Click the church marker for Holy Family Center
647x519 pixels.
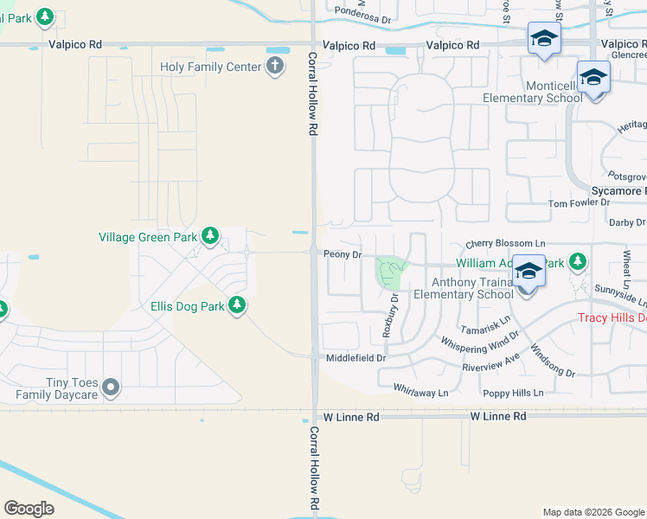(275, 66)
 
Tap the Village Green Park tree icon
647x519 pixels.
(209, 235)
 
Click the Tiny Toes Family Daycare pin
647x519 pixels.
(111, 388)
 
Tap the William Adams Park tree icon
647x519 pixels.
(577, 261)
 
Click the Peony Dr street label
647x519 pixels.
(342, 254)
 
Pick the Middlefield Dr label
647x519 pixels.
(356, 357)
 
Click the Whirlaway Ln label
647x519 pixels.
(420, 392)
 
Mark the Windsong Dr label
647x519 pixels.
(553, 361)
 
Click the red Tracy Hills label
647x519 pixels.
(612, 317)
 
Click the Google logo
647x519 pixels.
(29, 508)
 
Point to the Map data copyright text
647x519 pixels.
(593, 512)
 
